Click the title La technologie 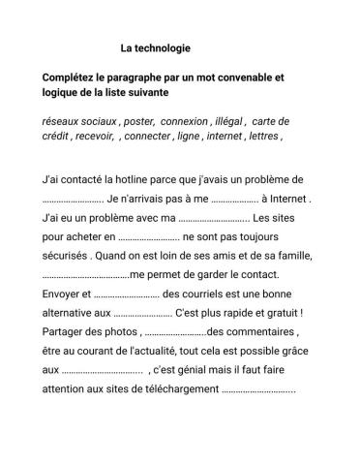(155, 46)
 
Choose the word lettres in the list (263, 137)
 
